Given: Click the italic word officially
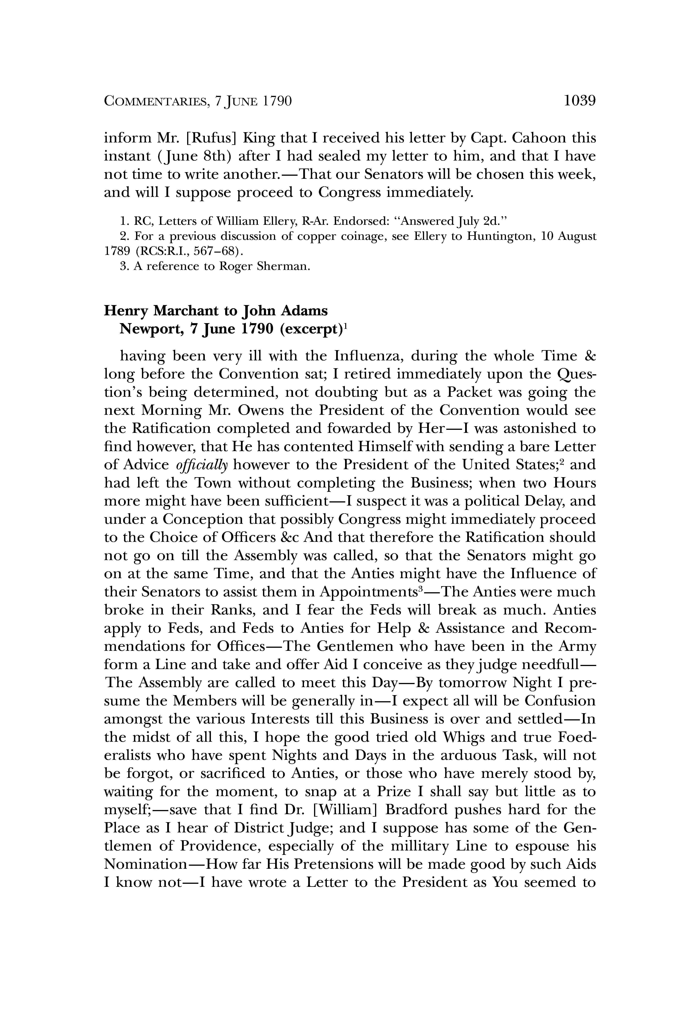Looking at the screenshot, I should pyautogui.click(x=202, y=465).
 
